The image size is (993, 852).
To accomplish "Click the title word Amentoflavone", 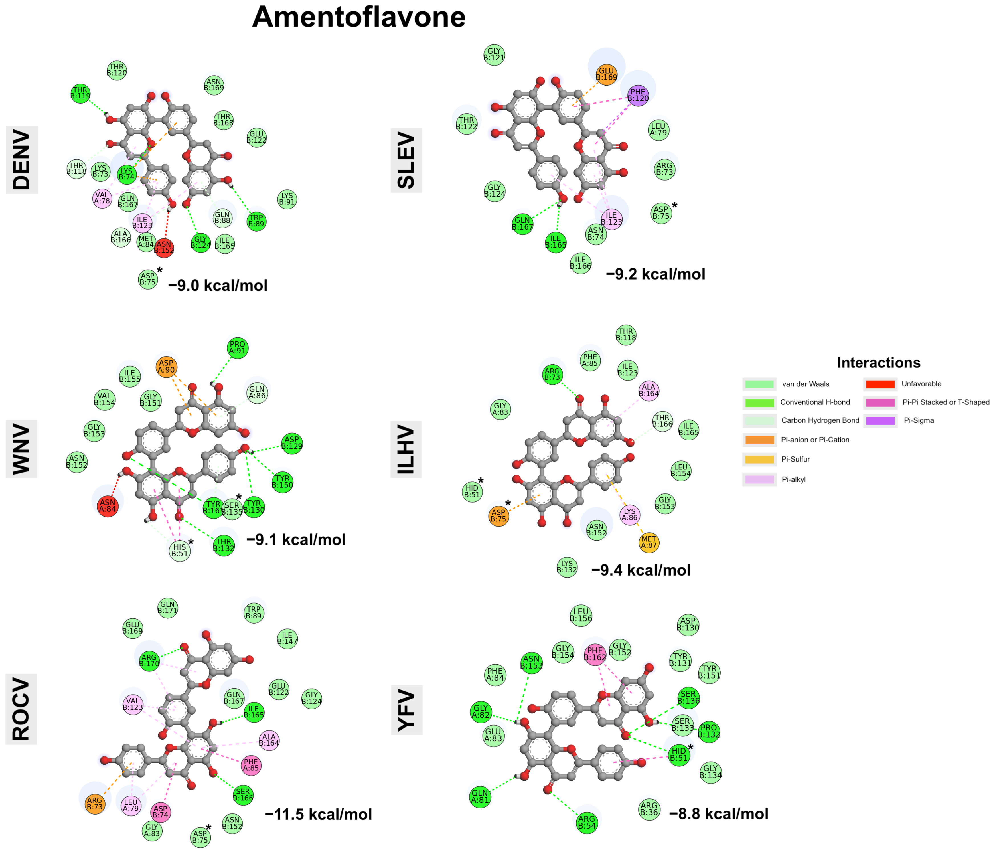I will (358, 17).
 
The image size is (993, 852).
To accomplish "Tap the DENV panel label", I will (22, 160).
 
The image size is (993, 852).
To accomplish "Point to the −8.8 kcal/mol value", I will (718, 814).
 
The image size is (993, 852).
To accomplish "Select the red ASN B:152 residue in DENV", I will (164, 247).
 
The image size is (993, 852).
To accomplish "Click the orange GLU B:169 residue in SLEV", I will (606, 74).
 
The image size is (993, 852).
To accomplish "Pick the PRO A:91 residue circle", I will (237, 348).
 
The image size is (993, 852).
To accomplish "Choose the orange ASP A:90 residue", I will (166, 367).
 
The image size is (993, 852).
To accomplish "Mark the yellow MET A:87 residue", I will (649, 542).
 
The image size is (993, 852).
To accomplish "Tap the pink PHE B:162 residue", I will (595, 654).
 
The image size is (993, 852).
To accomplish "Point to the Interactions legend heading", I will (878, 363).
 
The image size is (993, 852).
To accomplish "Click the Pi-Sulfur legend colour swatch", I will (760, 459).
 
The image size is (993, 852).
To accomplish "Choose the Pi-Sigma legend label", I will (919, 420).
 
